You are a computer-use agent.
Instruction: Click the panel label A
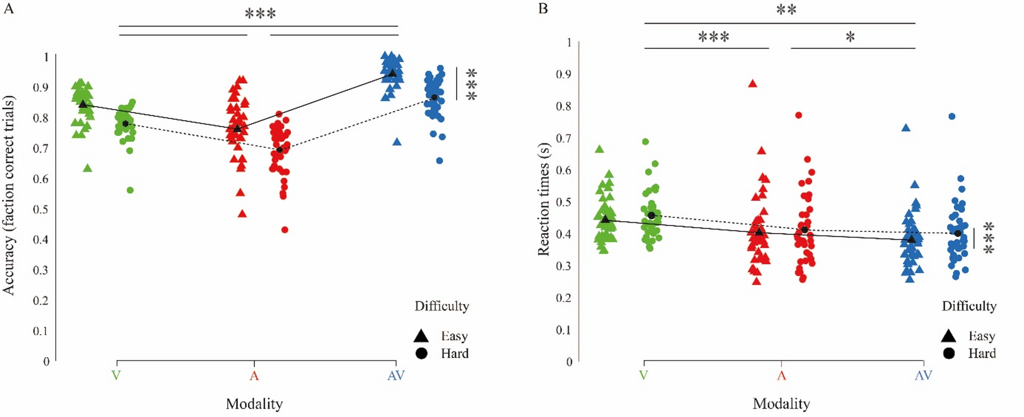click(9, 8)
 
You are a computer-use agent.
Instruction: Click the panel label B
click(543, 8)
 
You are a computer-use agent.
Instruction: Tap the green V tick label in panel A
click(116, 375)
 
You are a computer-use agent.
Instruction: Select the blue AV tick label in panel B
click(923, 375)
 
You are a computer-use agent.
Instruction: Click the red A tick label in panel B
click(781, 375)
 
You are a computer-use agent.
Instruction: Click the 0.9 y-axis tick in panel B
click(564, 75)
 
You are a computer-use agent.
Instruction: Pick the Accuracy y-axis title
click(9, 195)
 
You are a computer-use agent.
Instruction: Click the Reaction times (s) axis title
click(543, 199)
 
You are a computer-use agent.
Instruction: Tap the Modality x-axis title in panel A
click(254, 403)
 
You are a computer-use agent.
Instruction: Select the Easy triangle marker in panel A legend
click(421, 336)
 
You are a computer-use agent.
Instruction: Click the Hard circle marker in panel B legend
click(948, 353)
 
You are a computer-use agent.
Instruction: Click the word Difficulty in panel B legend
click(969, 306)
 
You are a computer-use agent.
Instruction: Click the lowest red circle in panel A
click(285, 230)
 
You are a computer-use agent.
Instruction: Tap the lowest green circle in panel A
click(130, 190)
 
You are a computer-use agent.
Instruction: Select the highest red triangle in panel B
click(752, 84)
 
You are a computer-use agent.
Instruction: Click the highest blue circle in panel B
click(951, 116)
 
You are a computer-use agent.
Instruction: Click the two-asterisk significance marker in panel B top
click(786, 10)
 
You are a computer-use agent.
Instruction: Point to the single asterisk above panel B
click(850, 37)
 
